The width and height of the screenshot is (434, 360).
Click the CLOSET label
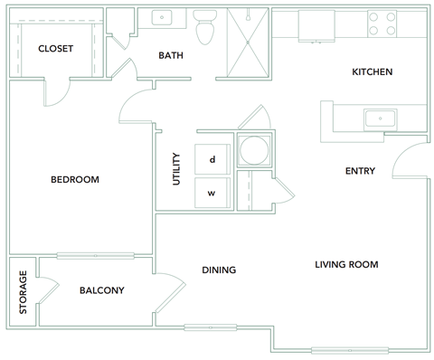pyautogui.click(x=55, y=49)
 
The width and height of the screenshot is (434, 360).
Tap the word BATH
pyautogui.click(x=171, y=55)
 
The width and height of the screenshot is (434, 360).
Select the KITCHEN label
pyautogui.click(x=372, y=72)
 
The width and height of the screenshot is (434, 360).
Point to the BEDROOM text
pyautogui.click(x=74, y=179)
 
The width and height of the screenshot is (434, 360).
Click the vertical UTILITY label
pyautogui.click(x=176, y=169)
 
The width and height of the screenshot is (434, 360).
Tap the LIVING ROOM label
pyautogui.click(x=346, y=264)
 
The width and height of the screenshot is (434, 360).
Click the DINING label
pyautogui.click(x=219, y=270)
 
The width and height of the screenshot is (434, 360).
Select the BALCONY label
pyautogui.click(x=102, y=290)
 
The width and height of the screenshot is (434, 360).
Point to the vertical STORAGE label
pyautogui.click(x=23, y=293)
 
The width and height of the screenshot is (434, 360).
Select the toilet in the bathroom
pyautogui.click(x=205, y=29)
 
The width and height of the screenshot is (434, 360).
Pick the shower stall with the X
pyautogui.click(x=246, y=45)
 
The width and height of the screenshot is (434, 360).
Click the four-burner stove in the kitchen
pyautogui.click(x=382, y=24)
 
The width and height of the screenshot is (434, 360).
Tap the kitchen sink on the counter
pyautogui.click(x=378, y=118)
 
